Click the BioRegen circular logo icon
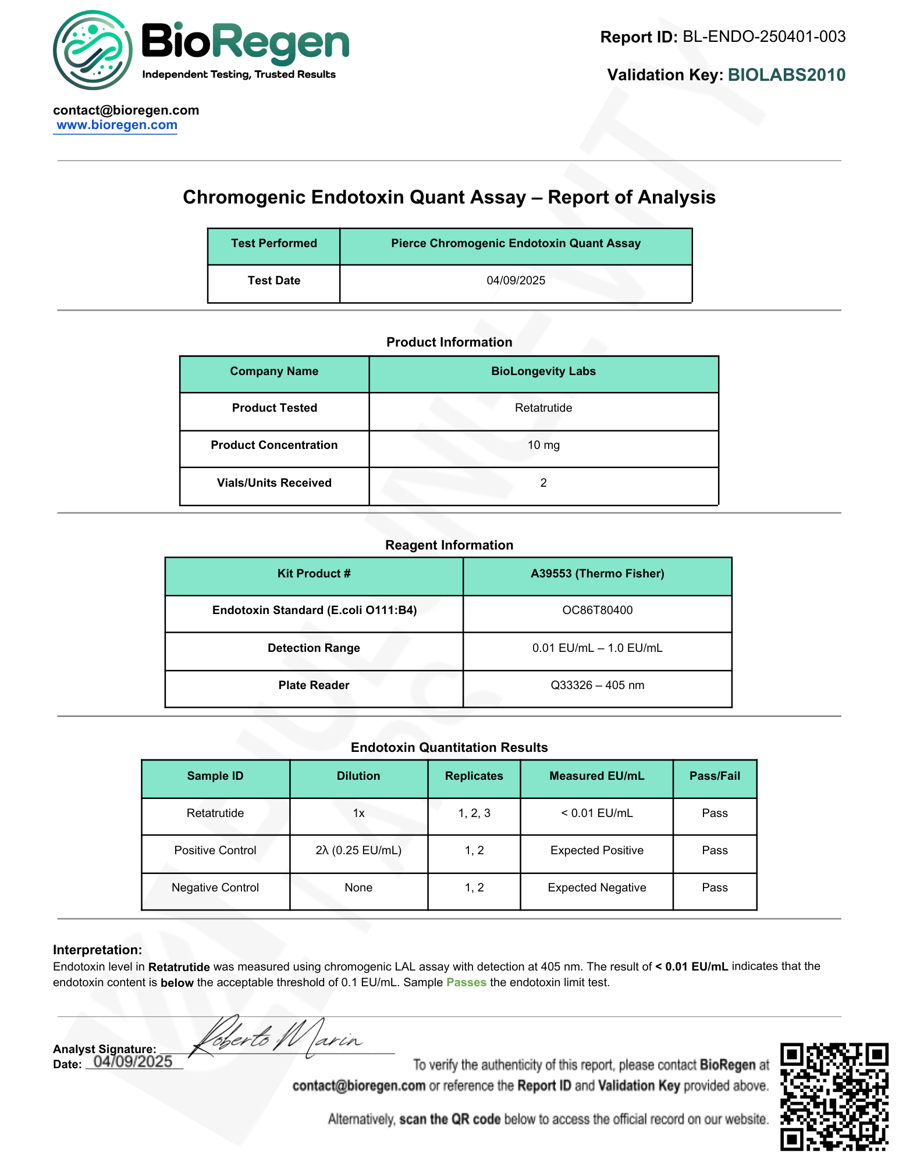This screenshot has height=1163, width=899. (93, 50)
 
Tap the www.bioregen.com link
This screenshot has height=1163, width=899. (116, 125)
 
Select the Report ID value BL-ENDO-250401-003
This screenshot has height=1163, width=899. (764, 37)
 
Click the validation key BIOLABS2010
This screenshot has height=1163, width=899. (786, 75)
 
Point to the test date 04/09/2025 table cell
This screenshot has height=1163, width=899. (516, 281)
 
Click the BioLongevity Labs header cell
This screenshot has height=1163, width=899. (543, 372)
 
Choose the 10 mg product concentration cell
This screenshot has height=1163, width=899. (543, 445)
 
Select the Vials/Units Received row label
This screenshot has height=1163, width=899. (274, 483)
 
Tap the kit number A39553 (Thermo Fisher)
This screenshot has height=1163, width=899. (597, 574)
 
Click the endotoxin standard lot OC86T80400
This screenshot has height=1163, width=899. (597, 611)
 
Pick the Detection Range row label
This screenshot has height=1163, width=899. (314, 648)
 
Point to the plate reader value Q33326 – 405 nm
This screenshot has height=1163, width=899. (597, 686)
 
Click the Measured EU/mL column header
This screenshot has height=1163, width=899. (596, 776)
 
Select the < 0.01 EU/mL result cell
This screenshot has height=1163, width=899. (596, 814)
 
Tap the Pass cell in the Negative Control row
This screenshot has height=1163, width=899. (715, 888)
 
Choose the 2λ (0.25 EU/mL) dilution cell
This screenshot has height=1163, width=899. (358, 851)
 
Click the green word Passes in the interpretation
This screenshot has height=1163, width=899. (466, 983)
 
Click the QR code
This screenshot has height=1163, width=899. (834, 1097)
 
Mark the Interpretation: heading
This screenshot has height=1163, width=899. (97, 950)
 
